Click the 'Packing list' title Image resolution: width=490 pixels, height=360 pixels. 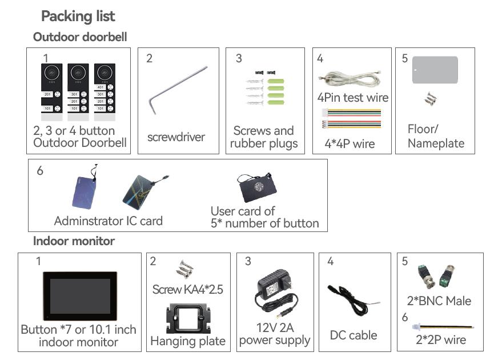[78, 16]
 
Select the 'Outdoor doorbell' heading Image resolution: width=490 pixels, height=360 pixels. [80, 37]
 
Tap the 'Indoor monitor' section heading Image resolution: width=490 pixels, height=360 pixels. [74, 241]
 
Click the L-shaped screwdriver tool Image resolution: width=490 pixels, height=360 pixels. [178, 90]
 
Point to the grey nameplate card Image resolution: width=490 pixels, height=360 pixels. [435, 70]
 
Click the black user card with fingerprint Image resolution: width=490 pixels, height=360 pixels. [259, 188]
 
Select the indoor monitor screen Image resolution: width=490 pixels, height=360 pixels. [80, 296]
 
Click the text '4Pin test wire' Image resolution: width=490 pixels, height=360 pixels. [352, 97]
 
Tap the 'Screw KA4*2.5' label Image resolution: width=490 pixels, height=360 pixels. [187, 289]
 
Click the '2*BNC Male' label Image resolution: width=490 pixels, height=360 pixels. [440, 301]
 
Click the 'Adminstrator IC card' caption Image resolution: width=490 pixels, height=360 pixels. [108, 221]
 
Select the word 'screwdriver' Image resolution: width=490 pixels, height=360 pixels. [176, 137]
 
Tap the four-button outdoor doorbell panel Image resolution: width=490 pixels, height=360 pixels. [104, 91]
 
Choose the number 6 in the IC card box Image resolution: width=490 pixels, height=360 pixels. [39, 171]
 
